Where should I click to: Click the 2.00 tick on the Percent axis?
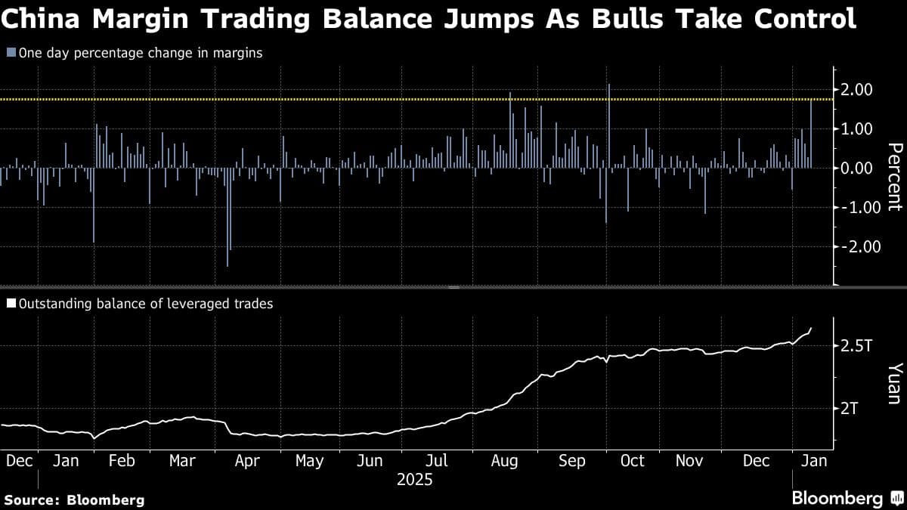(x=857, y=90)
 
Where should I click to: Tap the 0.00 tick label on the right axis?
(x=857, y=168)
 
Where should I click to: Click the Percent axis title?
(x=893, y=176)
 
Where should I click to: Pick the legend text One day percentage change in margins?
(x=140, y=53)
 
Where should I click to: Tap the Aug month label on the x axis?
(x=505, y=461)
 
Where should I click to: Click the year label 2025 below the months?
(x=414, y=479)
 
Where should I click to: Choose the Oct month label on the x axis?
(x=633, y=461)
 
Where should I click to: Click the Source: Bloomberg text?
(x=74, y=499)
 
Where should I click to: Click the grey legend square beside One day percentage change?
(x=10, y=53)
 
